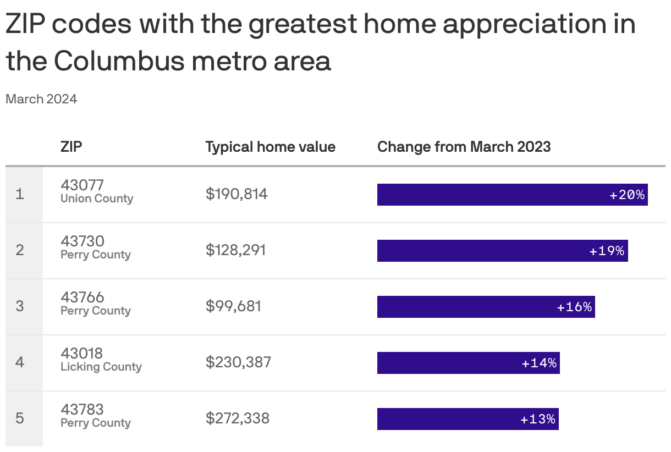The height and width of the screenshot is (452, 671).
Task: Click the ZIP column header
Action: point(71,147)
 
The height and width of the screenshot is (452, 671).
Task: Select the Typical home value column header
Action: point(270,147)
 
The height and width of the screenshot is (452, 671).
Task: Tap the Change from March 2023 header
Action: point(464,147)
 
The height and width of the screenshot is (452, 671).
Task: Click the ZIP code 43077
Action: point(82,185)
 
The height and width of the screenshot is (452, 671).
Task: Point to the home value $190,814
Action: point(237,194)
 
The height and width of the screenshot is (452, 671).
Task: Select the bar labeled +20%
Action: point(512,195)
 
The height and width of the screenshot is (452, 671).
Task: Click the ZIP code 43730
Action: point(82,241)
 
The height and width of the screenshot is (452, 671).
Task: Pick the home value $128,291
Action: point(235,250)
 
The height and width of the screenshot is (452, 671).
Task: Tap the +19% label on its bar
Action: point(607,251)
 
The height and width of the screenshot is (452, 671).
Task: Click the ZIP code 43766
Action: point(82,297)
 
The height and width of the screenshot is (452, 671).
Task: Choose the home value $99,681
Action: point(233,306)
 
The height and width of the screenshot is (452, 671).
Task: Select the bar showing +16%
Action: point(486,307)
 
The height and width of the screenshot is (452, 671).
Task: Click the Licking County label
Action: point(101,367)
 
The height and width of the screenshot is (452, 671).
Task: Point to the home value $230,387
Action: point(238,362)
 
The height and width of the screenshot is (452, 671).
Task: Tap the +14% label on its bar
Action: point(539,363)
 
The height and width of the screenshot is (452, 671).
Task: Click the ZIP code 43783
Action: point(82,409)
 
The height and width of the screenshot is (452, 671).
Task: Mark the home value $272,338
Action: point(238,418)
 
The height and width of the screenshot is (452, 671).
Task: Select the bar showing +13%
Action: point(468,419)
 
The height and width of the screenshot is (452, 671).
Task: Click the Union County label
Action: point(97,199)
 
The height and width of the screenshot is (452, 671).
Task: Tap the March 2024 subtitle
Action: point(41,99)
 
